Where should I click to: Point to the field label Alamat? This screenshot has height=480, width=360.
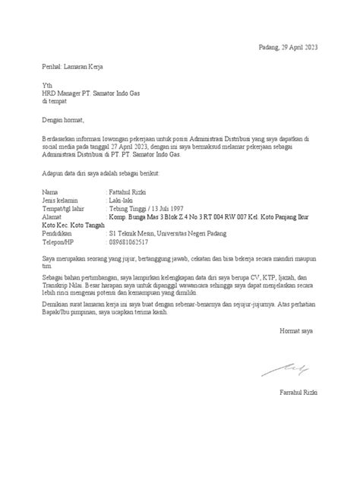coord(52,216)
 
